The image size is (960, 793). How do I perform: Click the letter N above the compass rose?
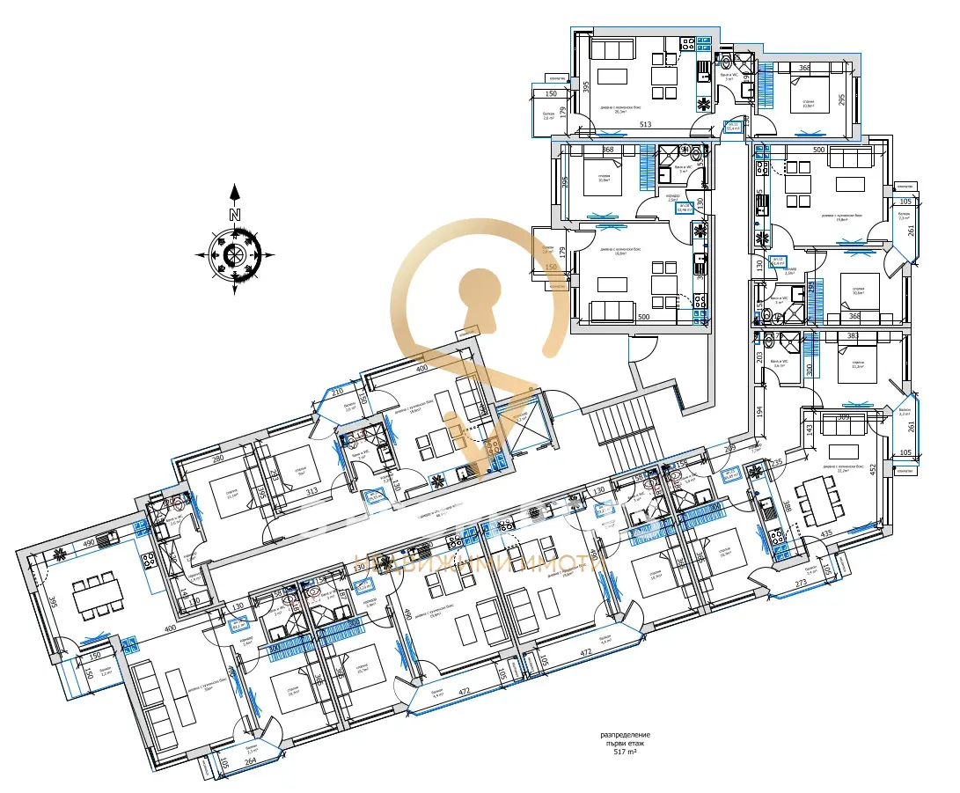coord(235,214)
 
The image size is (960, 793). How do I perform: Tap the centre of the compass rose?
coord(235,255)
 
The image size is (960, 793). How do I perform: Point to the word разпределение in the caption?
coord(626,734)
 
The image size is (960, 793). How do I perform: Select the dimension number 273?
coord(802,584)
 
